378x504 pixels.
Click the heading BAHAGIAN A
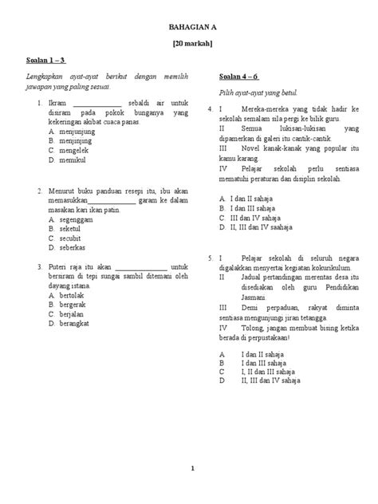pyautogui.click(x=188, y=26)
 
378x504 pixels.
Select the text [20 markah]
pyautogui.click(x=188, y=45)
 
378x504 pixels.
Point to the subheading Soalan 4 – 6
pyautogui.click(x=237, y=77)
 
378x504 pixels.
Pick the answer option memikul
pyautogui.click(x=67, y=160)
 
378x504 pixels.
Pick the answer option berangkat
pyautogui.click(x=71, y=323)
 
